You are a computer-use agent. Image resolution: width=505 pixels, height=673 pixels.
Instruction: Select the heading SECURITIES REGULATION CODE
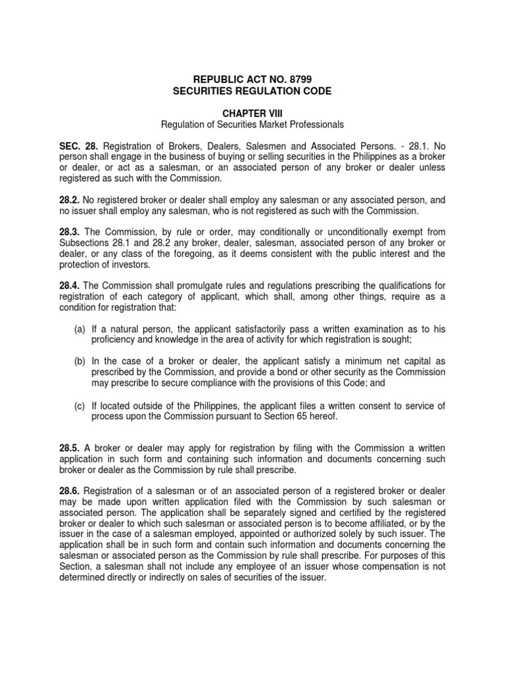pyautogui.click(x=252, y=91)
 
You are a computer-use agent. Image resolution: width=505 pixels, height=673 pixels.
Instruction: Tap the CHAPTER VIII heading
pyautogui.click(x=252, y=113)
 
